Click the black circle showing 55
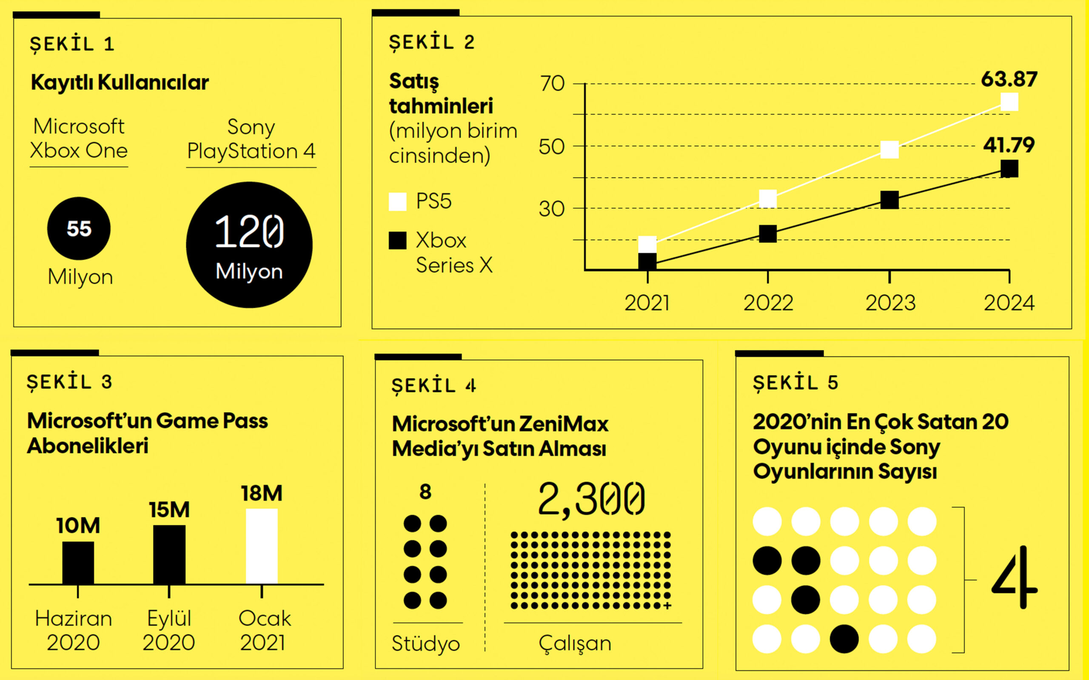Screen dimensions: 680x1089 79,228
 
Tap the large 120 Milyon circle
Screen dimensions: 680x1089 249,245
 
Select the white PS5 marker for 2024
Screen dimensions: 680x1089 1009,102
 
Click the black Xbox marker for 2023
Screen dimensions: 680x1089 889,200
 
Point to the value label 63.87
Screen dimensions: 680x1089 1009,80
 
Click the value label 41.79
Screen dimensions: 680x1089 1009,145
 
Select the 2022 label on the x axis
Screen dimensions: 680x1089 768,303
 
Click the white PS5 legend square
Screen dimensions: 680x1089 397,202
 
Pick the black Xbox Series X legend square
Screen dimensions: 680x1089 397,241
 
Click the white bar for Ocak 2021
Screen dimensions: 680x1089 262,546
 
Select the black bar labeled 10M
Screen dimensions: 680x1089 78,563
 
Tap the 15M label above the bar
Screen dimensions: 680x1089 169,510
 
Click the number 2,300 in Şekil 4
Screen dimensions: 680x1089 591,500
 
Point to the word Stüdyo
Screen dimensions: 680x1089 425,643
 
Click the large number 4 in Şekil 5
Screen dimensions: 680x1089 1014,578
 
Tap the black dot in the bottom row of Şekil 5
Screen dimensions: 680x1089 844,639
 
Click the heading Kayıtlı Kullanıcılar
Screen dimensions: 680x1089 120,83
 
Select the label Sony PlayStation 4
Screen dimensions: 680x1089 251,139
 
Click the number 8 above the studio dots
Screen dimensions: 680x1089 425,492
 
